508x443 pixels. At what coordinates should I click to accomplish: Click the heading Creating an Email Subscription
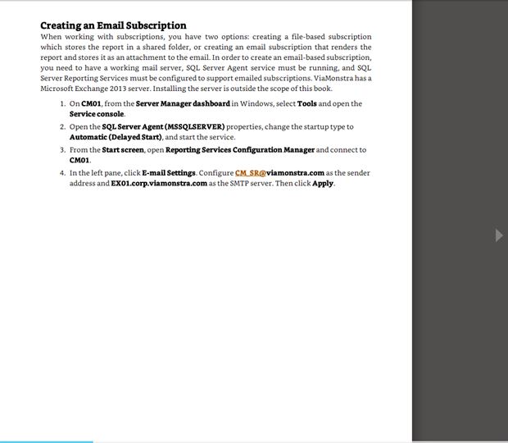(x=113, y=25)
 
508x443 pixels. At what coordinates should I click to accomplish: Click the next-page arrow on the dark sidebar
(x=500, y=235)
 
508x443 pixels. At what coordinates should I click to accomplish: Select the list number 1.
(x=62, y=104)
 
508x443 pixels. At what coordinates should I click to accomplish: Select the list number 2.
(x=62, y=127)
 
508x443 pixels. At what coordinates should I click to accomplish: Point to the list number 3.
(x=62, y=150)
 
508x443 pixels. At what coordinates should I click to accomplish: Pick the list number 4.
(x=62, y=173)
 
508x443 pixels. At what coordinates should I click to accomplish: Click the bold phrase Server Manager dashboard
(x=183, y=104)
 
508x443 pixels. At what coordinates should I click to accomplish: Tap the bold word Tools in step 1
(x=306, y=104)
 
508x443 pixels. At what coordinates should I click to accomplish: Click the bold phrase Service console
(x=97, y=114)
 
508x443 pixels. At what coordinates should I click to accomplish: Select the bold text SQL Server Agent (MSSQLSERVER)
(x=163, y=127)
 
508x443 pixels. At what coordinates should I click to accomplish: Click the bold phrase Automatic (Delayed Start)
(x=116, y=137)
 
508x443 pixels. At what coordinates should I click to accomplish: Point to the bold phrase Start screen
(x=123, y=150)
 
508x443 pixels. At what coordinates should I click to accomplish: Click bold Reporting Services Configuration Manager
(x=239, y=150)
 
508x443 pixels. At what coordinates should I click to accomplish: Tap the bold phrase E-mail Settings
(x=168, y=173)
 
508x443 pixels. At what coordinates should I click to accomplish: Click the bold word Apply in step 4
(x=322, y=184)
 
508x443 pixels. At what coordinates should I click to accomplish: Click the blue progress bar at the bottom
(x=46, y=441)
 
